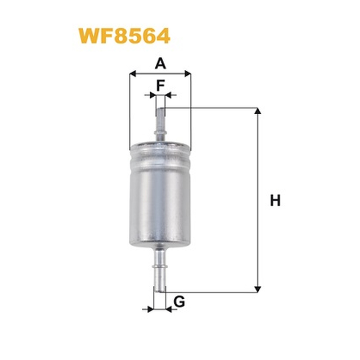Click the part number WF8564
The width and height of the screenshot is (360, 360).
coord(124,36)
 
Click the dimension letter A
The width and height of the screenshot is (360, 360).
coord(160,63)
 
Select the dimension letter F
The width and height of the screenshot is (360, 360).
coord(161,85)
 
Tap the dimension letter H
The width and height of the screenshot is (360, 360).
coord(275,200)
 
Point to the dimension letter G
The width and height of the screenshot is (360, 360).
coord(179,301)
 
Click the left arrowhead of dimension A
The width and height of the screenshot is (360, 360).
coord(133,74)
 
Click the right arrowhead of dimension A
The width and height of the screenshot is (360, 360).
coord(188,74)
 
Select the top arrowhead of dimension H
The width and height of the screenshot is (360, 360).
coord(258,111)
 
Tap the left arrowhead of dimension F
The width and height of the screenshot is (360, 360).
coord(153,95)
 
